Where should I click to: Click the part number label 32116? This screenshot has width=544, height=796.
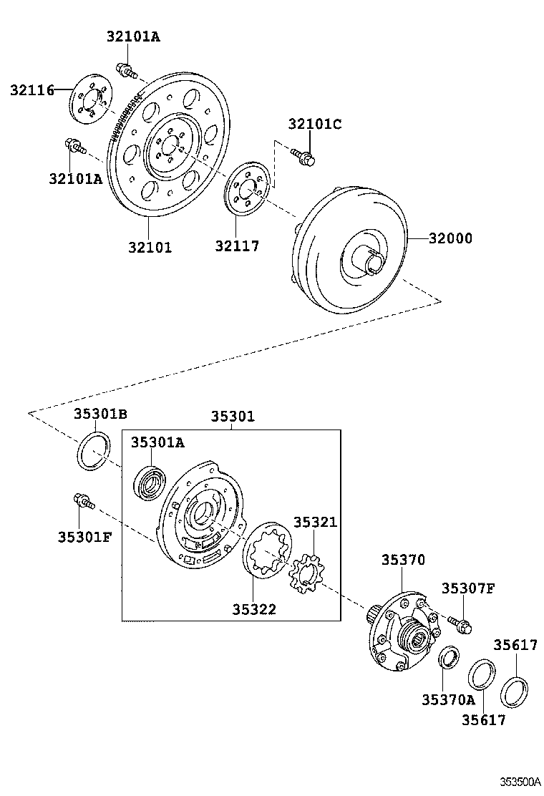(x=32, y=90)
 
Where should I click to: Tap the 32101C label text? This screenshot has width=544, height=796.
(x=314, y=124)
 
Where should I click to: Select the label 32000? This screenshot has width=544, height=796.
(x=451, y=238)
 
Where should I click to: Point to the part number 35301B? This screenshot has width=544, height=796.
(x=100, y=414)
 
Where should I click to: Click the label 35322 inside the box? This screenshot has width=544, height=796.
(x=253, y=609)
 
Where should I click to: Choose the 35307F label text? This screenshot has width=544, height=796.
(x=467, y=588)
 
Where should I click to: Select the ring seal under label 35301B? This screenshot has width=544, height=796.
(x=94, y=452)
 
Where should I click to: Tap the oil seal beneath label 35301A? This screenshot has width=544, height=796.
(x=151, y=480)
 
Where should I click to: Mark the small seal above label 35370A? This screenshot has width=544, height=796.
(x=450, y=657)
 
